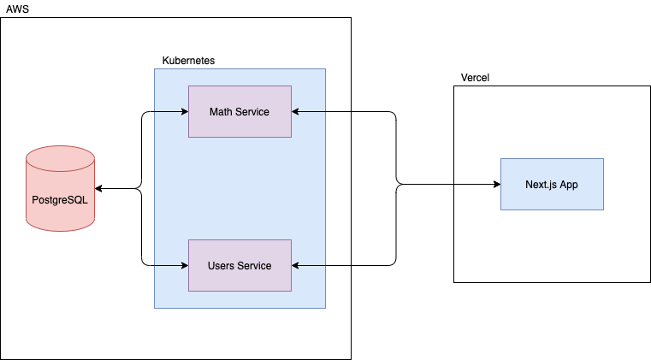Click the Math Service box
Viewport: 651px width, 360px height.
click(x=240, y=111)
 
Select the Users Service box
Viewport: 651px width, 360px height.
click(x=240, y=265)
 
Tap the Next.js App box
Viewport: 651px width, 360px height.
click(x=552, y=184)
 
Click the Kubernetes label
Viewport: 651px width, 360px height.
click(x=188, y=61)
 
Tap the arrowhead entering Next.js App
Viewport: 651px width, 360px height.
click(x=495, y=184)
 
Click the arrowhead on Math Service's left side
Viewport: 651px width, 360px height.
click(x=184, y=111)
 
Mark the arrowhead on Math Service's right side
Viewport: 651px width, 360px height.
click(x=296, y=111)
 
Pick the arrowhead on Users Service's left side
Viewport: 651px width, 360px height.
click(x=184, y=265)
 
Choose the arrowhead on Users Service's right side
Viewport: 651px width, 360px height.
click(x=296, y=265)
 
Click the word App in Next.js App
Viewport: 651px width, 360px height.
click(x=568, y=184)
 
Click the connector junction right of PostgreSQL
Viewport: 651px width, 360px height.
click(x=141, y=188)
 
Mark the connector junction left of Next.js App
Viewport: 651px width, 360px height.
click(x=397, y=184)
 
